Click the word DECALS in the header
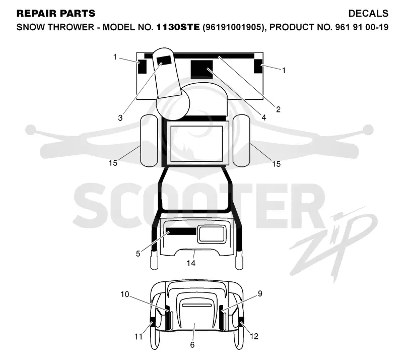tap(368, 14)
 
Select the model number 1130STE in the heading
tap(178, 27)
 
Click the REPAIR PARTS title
tap(56, 14)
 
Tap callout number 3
tap(120, 118)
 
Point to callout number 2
tap(278, 109)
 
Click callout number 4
tap(263, 117)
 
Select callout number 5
tap(138, 254)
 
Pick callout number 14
tap(191, 263)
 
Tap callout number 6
tap(192, 344)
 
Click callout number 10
tap(125, 294)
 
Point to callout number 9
tap(260, 293)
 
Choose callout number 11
tap(138, 337)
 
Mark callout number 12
tap(254, 336)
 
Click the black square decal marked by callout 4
tap(202, 70)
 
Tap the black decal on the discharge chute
tap(164, 61)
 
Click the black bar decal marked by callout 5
tap(181, 231)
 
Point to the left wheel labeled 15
tap(149, 141)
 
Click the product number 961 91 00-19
tap(362, 27)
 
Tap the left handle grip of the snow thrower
tap(154, 260)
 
